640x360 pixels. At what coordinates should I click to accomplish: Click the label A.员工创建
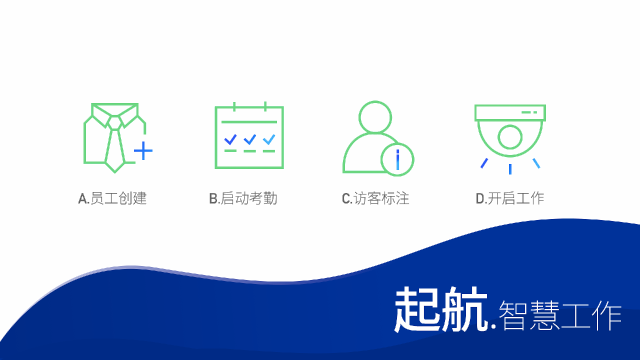pos(112,198)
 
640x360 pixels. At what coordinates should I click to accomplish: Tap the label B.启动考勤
pos(243,198)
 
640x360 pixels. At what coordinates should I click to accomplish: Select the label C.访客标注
pos(375,198)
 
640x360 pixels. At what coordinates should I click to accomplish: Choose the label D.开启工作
pos(510,198)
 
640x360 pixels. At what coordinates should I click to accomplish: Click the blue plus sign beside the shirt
pos(143,150)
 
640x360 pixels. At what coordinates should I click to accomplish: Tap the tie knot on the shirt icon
pos(115,122)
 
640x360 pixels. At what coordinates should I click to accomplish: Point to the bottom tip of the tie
pos(115,172)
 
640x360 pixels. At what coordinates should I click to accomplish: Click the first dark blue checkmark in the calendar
pos(230,139)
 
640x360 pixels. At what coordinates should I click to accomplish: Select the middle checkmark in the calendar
pos(249,139)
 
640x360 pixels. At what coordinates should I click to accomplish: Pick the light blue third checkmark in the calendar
pos(269,139)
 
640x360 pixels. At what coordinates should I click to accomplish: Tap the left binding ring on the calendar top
pos(234,106)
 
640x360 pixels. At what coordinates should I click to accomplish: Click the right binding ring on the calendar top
pos(265,106)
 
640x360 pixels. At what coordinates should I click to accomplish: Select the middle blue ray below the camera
pos(510,169)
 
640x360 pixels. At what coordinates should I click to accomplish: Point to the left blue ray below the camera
pos(484,163)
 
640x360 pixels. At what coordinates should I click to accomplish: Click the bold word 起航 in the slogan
pos(441,309)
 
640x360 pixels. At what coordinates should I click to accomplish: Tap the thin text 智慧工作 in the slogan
pos(560,315)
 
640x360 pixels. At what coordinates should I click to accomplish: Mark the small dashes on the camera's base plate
pos(529,112)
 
